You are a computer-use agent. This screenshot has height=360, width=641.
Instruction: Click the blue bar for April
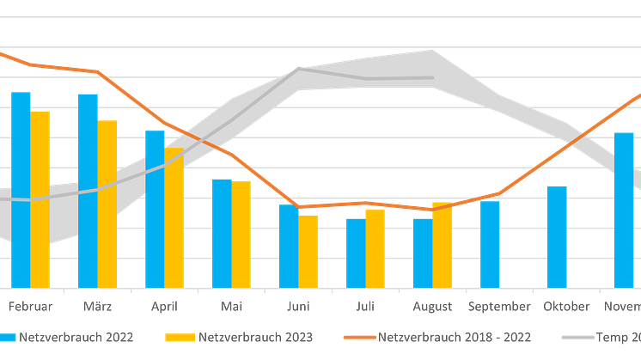154,208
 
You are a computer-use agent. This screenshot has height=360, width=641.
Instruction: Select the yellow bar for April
175,217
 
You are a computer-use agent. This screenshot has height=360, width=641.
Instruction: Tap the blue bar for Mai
222,232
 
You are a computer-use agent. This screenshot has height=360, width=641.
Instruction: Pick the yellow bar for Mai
242,234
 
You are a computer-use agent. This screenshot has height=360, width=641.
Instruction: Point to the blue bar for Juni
288,246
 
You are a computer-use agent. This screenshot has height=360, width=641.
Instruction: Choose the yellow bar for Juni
308,250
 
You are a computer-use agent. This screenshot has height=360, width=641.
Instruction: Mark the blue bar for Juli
355,252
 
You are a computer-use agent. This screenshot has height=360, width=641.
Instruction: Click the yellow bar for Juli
375,247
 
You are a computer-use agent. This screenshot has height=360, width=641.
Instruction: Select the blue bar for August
421,252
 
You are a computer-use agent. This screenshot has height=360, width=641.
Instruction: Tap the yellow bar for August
442,245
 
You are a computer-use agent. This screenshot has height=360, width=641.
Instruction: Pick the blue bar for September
490,243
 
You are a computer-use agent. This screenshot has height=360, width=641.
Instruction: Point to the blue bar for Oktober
557,235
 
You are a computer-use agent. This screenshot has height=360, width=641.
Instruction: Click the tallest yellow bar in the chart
41,198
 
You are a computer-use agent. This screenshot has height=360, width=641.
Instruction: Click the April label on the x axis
164,306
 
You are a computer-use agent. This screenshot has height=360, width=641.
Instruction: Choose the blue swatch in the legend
8,337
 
